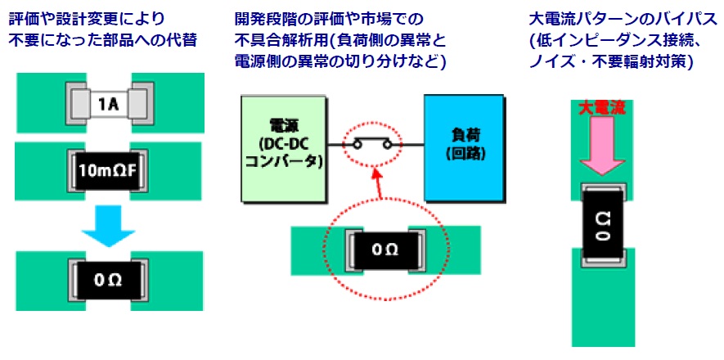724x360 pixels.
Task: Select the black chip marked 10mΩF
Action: point(110,172)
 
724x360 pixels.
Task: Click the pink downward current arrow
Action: point(602,145)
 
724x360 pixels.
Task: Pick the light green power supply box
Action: point(284,149)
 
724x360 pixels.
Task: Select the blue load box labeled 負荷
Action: point(463,148)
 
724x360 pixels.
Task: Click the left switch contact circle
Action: point(357,146)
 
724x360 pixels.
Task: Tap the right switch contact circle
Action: point(388,146)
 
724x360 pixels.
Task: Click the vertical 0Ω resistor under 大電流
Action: point(603,225)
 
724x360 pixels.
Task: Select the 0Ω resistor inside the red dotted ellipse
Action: point(385,250)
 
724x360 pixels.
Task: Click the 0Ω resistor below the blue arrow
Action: point(110,281)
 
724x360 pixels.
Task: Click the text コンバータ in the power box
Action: point(284,161)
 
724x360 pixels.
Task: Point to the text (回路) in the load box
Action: point(463,154)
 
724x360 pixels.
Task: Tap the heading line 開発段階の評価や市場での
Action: point(329,20)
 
